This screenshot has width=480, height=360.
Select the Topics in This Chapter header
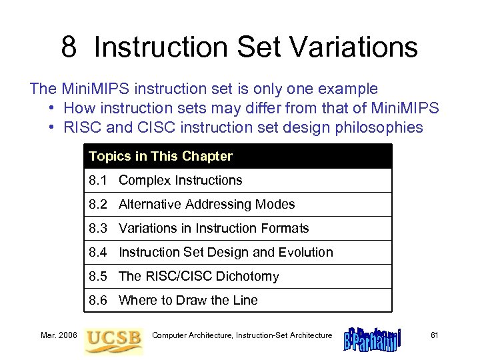161,157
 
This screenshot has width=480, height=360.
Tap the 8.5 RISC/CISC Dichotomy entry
183,277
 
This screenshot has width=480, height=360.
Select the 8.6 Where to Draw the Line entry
173,301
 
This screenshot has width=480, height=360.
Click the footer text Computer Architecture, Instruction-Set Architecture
242,335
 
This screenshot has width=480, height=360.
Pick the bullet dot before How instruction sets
51,109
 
